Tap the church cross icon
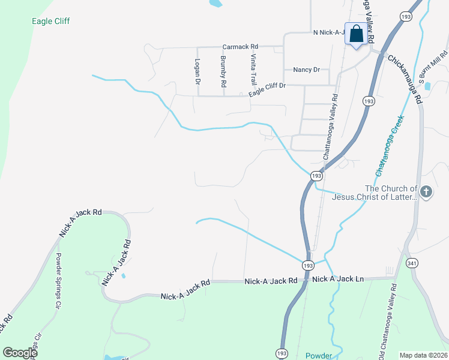pos(426,192)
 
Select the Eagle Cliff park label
pos(51,22)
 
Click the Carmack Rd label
pos(240,46)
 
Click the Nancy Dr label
pos(306,70)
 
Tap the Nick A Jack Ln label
pos(338,280)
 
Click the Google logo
pos(20,353)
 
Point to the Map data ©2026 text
pos(423,355)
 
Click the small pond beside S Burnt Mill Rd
pos(427,86)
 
